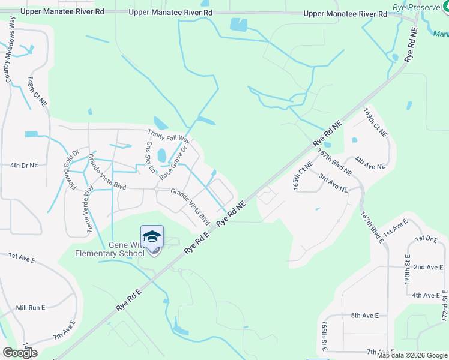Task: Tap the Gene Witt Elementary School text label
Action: (x=110, y=249)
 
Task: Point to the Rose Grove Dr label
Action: (x=174, y=160)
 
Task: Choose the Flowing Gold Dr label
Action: (x=71, y=167)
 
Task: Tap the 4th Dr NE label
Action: (x=24, y=164)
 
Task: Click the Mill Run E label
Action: (x=31, y=308)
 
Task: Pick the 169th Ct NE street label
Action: (x=376, y=123)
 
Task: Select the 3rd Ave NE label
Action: (x=333, y=183)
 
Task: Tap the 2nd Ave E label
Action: (x=427, y=267)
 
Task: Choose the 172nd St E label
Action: (x=445, y=305)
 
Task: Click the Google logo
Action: (x=20, y=353)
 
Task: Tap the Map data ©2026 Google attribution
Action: (x=412, y=355)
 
